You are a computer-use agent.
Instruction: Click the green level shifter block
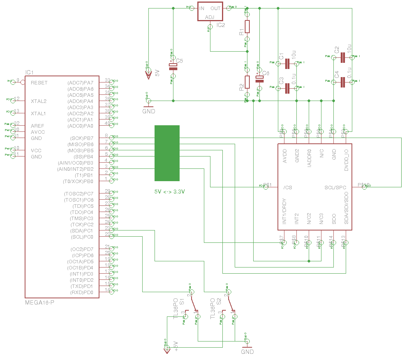pyautogui.click(x=167, y=153)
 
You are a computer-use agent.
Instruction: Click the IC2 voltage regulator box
pyautogui.click(x=210, y=12)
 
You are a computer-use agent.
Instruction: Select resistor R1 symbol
pyautogui.click(x=247, y=27)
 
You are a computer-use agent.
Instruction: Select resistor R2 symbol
pyautogui.click(x=247, y=82)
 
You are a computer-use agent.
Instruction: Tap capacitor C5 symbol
pyautogui.click(x=173, y=66)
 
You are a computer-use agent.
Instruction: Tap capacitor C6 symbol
pyautogui.click(x=259, y=79)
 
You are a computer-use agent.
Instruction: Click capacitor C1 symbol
pyautogui.click(x=287, y=64)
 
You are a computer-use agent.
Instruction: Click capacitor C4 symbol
pyautogui.click(x=343, y=82)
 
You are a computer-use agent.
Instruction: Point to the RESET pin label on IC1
pyautogui.click(x=39, y=82)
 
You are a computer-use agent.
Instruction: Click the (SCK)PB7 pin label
pyautogui.click(x=82, y=138)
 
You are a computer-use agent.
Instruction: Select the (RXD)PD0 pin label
pyautogui.click(x=82, y=292)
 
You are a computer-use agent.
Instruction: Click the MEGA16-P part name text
pyautogui.click(x=40, y=302)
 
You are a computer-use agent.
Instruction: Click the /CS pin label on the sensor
pyautogui.click(x=288, y=187)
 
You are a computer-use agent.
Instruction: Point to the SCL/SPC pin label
pyautogui.click(x=335, y=187)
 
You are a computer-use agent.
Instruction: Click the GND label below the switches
pyautogui.click(x=247, y=352)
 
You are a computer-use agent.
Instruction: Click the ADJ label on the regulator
pyautogui.click(x=210, y=17)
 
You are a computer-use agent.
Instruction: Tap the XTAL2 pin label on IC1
pyautogui.click(x=39, y=101)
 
